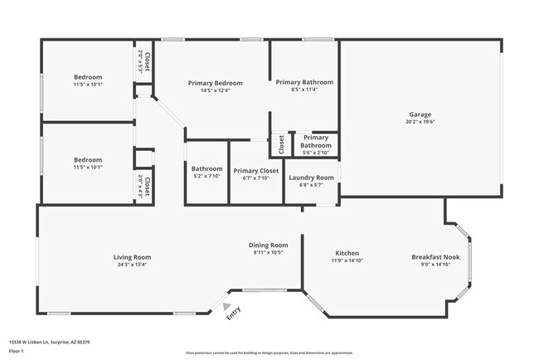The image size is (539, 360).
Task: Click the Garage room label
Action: (420, 114)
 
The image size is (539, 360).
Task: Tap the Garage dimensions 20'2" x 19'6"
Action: (420, 122)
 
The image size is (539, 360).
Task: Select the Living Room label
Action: (132, 257)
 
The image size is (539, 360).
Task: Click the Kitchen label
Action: (347, 253)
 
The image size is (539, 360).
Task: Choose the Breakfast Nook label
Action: (435, 257)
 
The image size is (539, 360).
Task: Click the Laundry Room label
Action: (311, 178)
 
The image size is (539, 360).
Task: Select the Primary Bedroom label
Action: (215, 83)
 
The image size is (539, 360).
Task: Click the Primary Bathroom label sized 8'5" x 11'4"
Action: (304, 82)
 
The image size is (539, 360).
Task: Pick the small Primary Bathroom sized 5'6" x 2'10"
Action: (316, 141)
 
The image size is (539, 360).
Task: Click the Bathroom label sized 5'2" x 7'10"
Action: (207, 168)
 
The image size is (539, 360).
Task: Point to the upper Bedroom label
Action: (87, 76)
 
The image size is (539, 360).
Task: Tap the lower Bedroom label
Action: (87, 159)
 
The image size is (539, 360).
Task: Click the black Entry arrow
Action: (226, 305)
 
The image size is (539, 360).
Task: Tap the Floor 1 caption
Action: (17, 351)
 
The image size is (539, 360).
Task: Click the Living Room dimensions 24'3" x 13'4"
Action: (132, 265)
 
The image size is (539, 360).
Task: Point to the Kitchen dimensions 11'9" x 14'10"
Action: (347, 260)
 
